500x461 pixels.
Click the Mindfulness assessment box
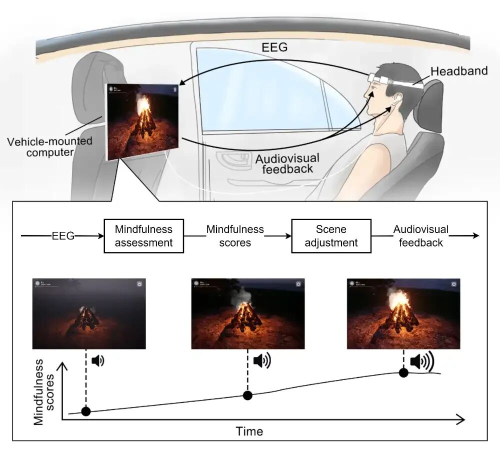143,236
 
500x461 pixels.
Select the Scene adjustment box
331,236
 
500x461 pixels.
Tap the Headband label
459,71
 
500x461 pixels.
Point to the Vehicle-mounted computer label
49,146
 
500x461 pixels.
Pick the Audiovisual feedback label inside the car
287,163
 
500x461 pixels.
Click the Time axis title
249,431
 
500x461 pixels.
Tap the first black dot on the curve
86,411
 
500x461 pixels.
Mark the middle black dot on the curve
247,395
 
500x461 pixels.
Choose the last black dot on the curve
403,372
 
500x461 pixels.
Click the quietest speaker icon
98,360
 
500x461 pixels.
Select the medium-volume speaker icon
261,360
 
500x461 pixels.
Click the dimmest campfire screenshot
89,313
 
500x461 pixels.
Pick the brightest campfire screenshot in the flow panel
403,313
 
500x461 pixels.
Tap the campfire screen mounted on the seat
143,121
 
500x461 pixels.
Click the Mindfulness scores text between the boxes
235,236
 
